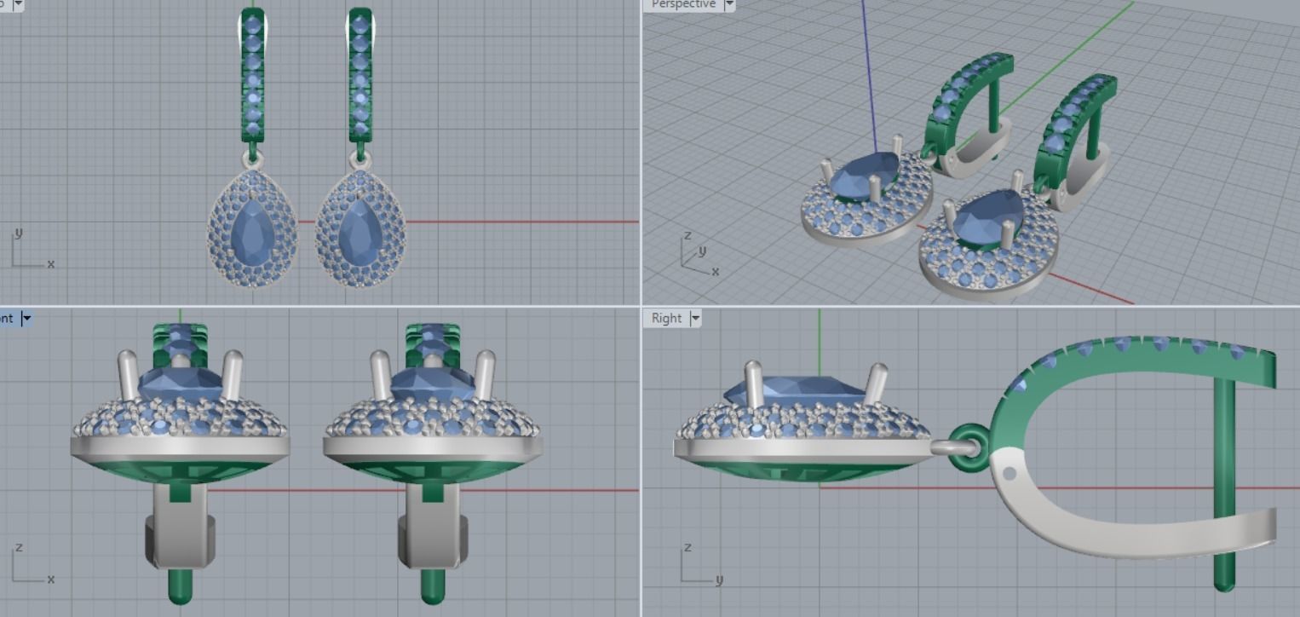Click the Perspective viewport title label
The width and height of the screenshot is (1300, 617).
(682, 4)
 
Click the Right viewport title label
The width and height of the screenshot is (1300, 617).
(666, 318)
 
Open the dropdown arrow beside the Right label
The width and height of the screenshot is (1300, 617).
(695, 319)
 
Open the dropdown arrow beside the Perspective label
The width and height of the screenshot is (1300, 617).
(729, 5)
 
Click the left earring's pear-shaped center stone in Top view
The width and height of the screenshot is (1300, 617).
(252, 232)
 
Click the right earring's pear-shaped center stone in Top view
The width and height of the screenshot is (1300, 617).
(360, 232)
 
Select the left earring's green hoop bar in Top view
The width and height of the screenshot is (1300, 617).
(252, 77)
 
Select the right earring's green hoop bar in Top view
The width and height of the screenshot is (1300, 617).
(360, 77)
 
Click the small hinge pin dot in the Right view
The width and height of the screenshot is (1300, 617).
(1010, 473)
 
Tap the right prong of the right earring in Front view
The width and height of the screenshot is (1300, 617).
(484, 374)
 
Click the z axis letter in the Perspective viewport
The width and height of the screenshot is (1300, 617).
(687, 235)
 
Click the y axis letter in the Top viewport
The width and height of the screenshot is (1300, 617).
(18, 233)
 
